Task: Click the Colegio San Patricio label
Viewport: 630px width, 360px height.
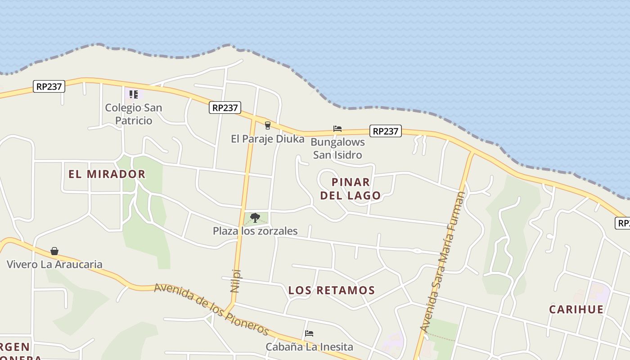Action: click(x=133, y=114)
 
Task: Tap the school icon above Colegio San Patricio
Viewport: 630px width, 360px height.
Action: click(x=133, y=94)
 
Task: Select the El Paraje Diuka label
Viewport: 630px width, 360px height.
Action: click(x=268, y=139)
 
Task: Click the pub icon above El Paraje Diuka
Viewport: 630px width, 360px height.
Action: click(x=268, y=126)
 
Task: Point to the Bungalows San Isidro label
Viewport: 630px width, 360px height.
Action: click(x=337, y=148)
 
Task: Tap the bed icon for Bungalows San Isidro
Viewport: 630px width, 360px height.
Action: click(x=337, y=129)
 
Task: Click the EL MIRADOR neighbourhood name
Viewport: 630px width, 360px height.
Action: click(x=107, y=174)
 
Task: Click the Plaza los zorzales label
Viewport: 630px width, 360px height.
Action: click(x=255, y=231)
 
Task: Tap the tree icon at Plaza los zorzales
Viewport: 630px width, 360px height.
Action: click(x=255, y=218)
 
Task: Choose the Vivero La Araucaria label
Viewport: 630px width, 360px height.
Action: click(x=54, y=264)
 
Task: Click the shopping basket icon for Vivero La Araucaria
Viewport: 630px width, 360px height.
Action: click(x=54, y=251)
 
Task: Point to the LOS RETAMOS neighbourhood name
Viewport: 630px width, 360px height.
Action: click(x=332, y=290)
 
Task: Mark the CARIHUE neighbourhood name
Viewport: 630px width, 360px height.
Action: click(x=576, y=309)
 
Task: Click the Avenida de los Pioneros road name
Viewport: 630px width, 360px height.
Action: click(x=211, y=309)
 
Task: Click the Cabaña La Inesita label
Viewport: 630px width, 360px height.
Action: click(x=309, y=347)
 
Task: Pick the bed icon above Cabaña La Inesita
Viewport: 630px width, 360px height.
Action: click(x=309, y=333)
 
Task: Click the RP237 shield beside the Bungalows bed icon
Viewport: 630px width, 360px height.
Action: click(x=386, y=131)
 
